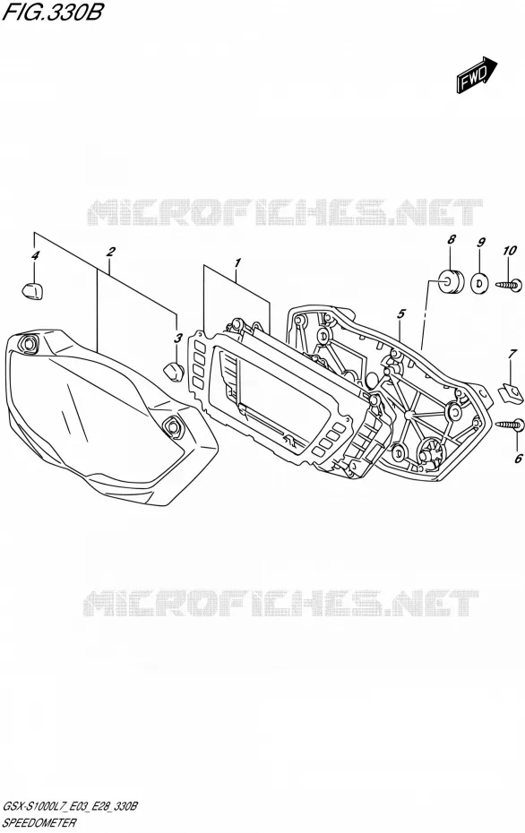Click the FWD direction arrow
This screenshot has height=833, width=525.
476,75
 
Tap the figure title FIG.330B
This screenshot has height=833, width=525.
52,13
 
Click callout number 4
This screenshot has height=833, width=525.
35,256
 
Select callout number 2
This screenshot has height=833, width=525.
110,252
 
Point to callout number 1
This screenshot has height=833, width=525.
237,262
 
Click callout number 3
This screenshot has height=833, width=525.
178,338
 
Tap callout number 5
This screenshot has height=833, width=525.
400,314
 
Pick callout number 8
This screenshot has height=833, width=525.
452,240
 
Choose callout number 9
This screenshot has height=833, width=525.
481,243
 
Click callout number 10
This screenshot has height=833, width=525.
510,250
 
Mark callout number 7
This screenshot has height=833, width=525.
512,353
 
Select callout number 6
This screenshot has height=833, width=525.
518,458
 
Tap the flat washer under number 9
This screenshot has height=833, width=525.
480,282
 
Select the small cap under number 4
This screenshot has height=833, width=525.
33,290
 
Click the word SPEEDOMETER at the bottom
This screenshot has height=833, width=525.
39,823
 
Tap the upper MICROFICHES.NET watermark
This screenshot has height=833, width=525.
284,212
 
